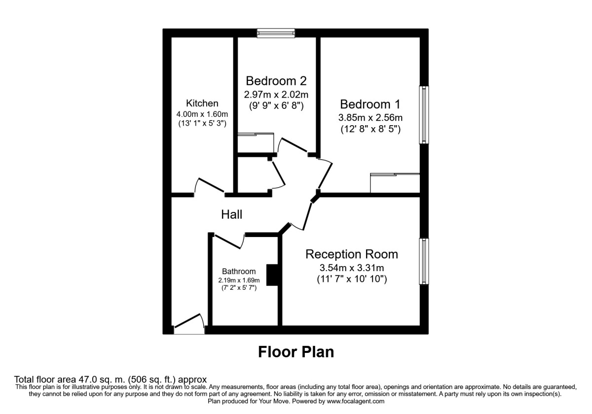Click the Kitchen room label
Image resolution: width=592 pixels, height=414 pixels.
point(202,103)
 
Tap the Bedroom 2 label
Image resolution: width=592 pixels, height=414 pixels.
point(276,80)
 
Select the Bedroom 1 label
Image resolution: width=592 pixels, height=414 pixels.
point(370,104)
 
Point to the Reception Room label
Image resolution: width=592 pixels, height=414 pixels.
point(351,254)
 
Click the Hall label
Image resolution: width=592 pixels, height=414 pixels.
point(231,214)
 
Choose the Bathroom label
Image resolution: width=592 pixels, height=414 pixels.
point(239,271)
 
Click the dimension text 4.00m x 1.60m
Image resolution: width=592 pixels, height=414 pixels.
point(202,114)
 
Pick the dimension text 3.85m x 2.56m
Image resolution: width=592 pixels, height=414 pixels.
point(370,118)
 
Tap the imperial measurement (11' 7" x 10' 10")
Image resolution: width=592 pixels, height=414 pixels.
point(351,279)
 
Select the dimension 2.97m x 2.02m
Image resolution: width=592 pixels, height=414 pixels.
point(276,94)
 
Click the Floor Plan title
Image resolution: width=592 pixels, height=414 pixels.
point(296,352)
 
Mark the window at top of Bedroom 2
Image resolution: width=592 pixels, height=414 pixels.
point(276,33)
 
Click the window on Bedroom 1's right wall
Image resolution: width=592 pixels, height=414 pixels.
point(423,115)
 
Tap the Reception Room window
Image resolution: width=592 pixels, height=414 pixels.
point(423,261)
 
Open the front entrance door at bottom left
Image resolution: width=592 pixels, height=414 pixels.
point(189,325)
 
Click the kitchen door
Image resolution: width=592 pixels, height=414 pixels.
point(210,186)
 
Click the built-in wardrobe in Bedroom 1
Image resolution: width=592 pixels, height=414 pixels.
point(395,183)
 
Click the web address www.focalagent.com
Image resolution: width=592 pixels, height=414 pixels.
point(352,402)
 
